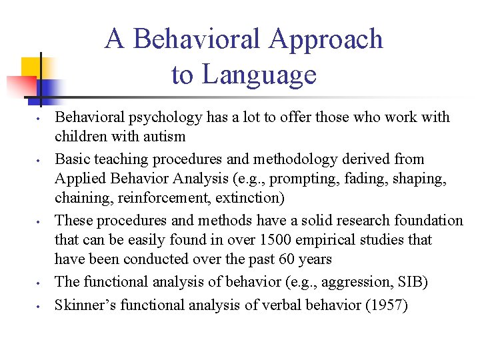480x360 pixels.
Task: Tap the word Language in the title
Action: [x=259, y=75]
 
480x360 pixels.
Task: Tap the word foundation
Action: [x=429, y=220]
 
